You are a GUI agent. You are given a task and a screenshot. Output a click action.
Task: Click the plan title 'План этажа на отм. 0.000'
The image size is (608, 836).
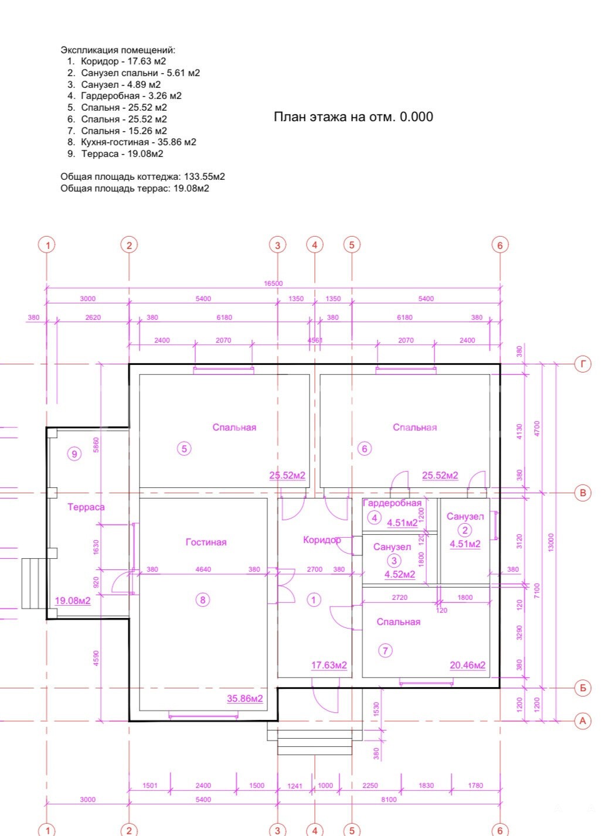click(x=354, y=117)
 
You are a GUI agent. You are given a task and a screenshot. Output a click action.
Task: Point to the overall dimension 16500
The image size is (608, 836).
click(x=273, y=284)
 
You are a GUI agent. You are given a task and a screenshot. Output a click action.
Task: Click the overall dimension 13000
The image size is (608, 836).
click(x=552, y=542)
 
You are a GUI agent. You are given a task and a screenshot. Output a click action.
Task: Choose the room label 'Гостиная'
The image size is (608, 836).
click(x=206, y=542)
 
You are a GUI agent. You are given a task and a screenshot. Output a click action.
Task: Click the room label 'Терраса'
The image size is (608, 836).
click(x=86, y=507)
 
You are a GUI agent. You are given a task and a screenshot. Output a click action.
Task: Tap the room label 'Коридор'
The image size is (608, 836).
click(x=322, y=540)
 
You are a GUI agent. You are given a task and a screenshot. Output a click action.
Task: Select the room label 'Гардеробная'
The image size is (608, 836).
click(x=392, y=503)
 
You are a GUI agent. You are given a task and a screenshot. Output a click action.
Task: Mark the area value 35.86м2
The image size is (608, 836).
click(x=245, y=699)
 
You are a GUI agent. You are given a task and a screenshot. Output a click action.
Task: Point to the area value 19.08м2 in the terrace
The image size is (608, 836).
click(x=73, y=601)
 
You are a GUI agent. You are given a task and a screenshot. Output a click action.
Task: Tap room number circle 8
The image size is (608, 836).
click(x=203, y=600)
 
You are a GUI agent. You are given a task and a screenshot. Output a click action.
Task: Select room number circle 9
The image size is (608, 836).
click(x=74, y=454)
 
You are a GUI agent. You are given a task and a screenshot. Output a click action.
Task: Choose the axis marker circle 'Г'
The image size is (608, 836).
click(x=583, y=364)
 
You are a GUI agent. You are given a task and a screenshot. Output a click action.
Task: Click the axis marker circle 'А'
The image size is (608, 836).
click(x=583, y=721)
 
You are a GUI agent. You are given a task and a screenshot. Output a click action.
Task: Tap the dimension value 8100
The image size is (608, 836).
click(x=388, y=800)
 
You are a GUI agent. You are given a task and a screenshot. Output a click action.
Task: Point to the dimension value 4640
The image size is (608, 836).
click(x=203, y=569)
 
